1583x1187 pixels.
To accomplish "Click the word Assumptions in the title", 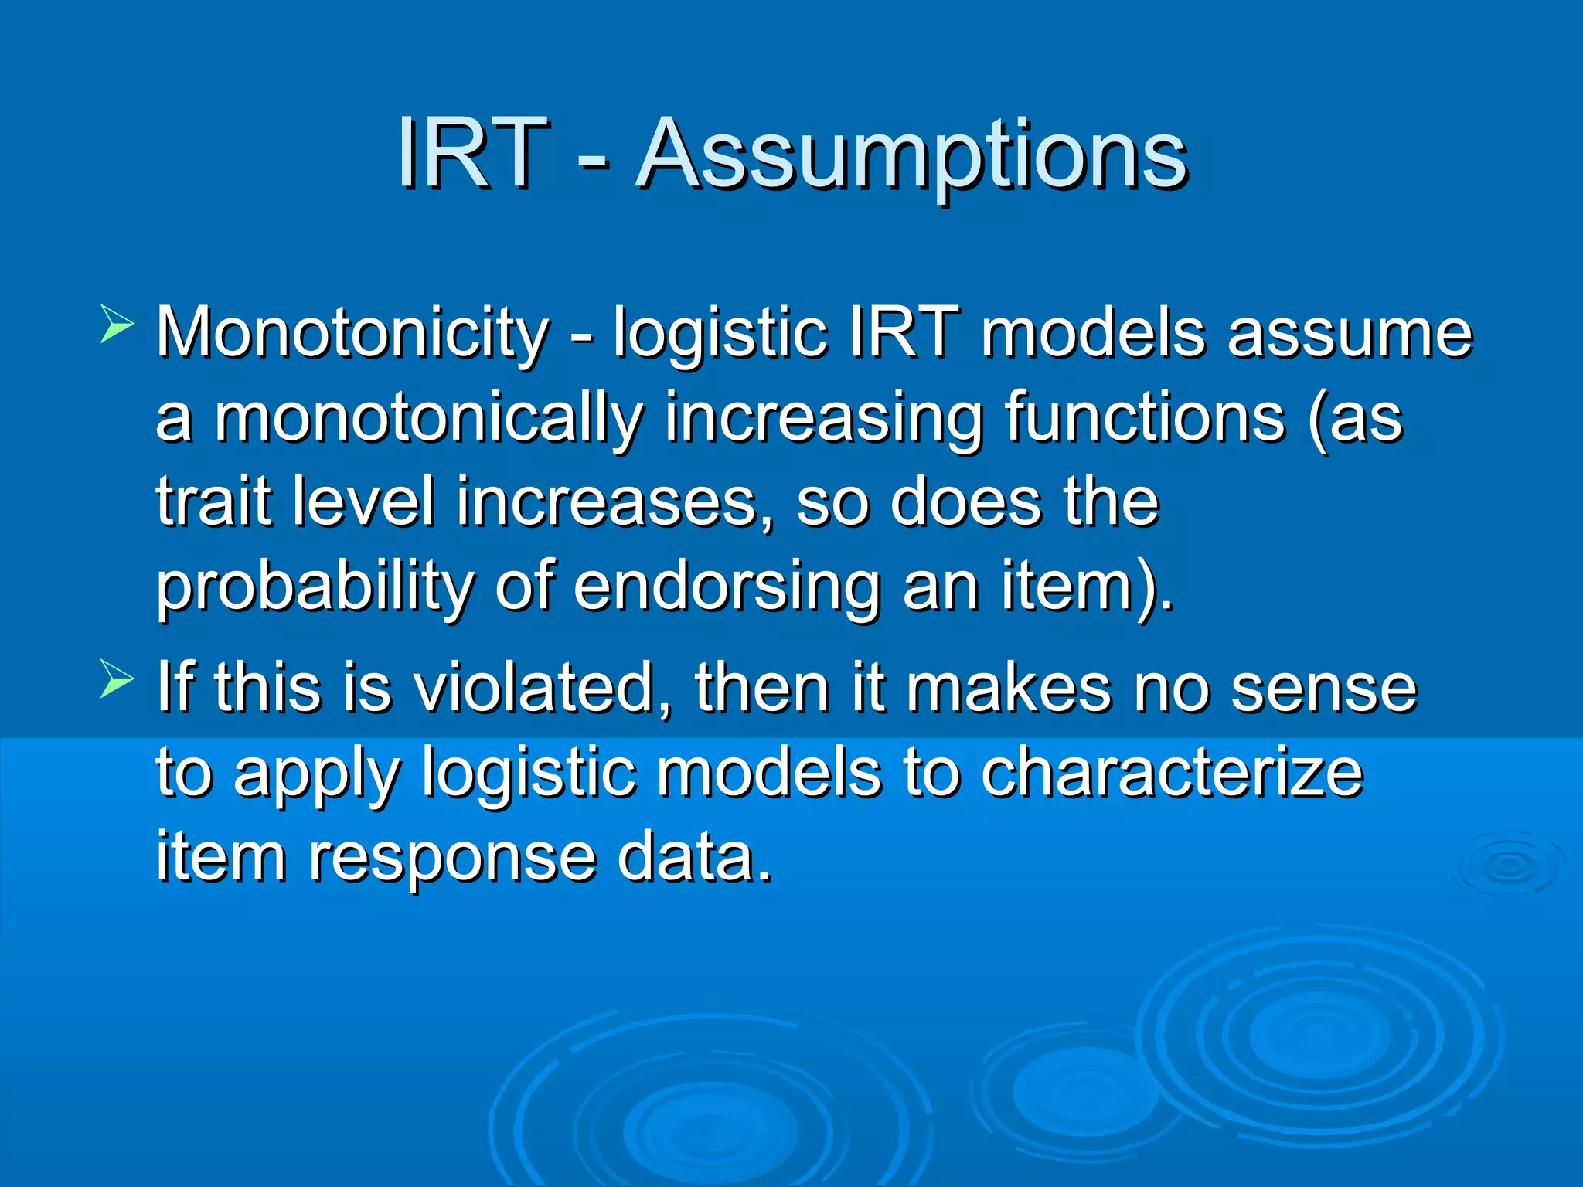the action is click(x=911, y=158).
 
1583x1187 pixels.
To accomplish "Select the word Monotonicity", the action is click(x=352, y=333).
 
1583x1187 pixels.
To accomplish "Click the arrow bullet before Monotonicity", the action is click(x=117, y=324).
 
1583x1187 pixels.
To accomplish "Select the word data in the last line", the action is click(x=695, y=855).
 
